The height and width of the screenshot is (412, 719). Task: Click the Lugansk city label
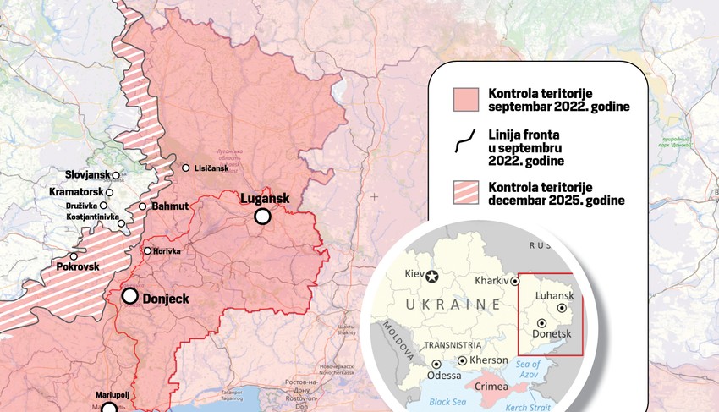pos(265,199)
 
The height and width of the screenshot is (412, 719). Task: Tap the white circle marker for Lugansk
pos(263,217)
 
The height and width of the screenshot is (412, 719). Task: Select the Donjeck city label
pos(166,298)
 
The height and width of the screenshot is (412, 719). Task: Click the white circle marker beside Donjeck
pos(130,296)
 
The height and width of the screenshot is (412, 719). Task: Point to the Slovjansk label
pos(88,175)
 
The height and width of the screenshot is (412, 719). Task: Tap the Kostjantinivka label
pos(91,217)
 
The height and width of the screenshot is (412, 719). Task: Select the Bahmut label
pos(170,206)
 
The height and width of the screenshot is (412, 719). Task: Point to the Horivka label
pos(167,251)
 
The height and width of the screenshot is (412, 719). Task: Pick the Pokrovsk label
pos(78,266)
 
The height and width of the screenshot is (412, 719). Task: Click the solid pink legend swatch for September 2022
pos(466,99)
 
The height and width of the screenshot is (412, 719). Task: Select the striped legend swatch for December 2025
pos(466,193)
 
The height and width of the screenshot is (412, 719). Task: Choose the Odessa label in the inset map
pos(444,375)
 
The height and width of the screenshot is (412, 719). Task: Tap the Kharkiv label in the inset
pos(491,279)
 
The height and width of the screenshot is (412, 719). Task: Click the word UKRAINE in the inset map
pos(453,304)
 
